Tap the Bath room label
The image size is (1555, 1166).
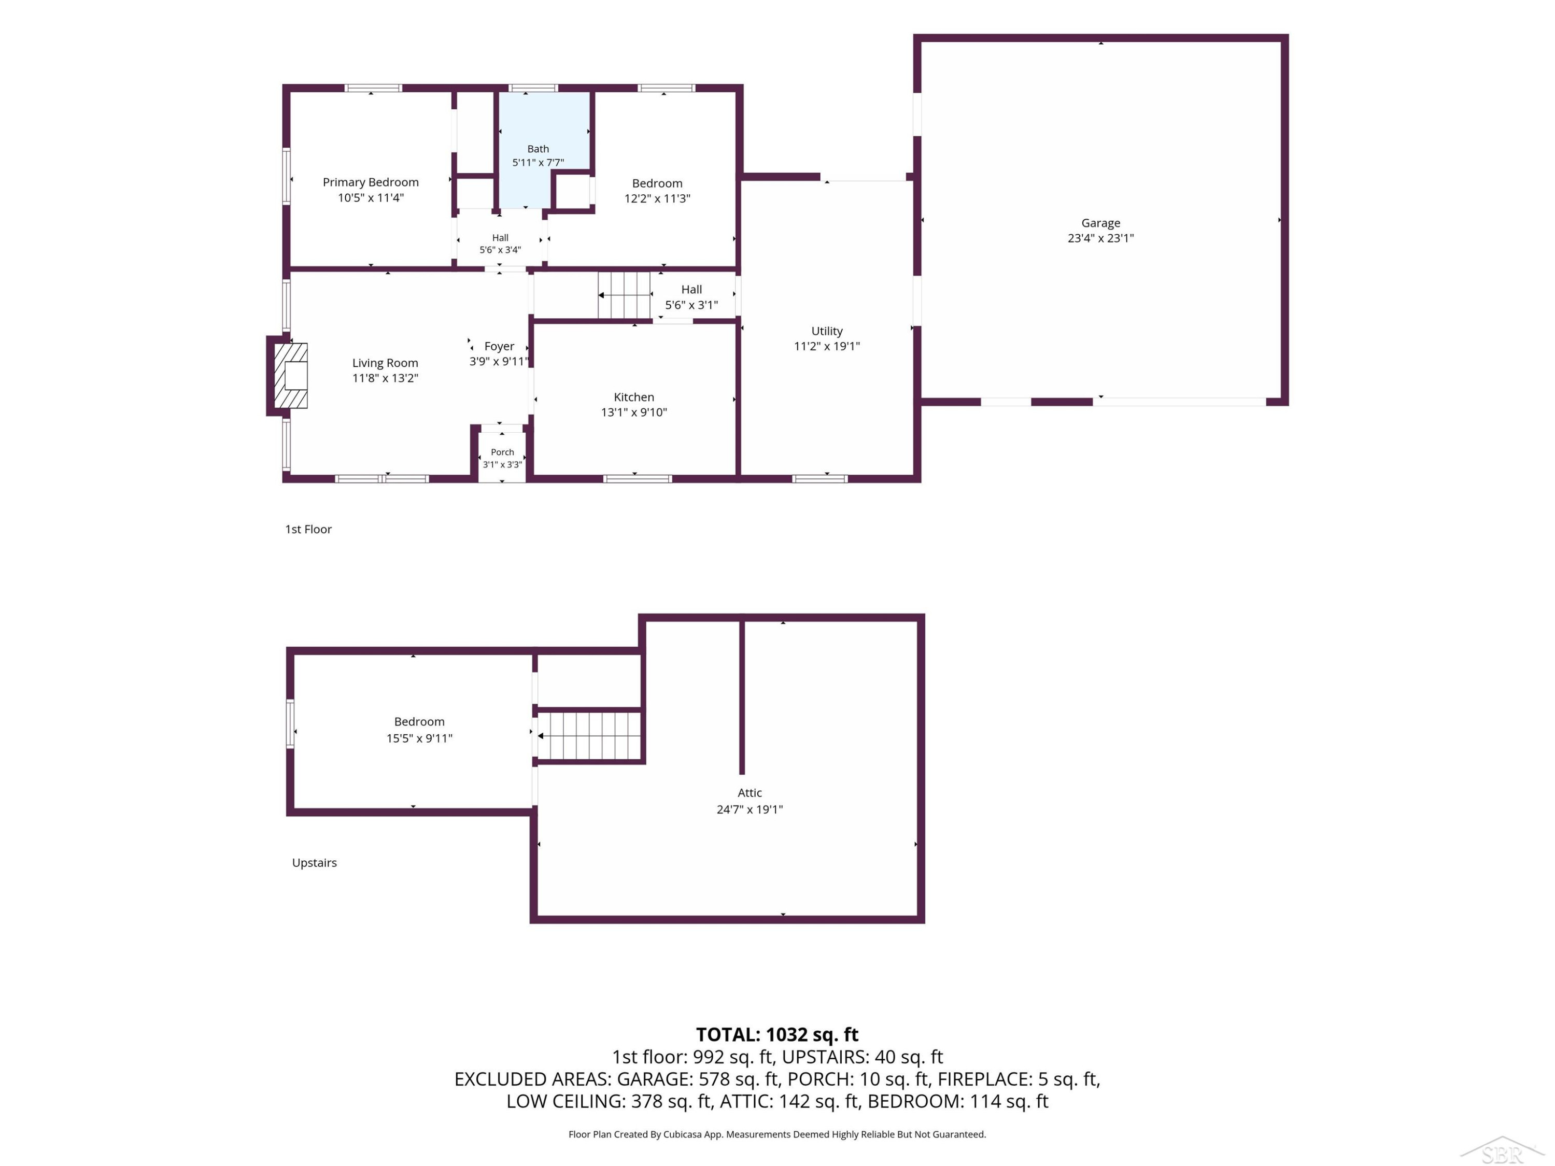538,149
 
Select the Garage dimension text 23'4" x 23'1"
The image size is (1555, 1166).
1100,238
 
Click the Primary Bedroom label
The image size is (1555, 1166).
371,182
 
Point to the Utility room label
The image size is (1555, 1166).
827,331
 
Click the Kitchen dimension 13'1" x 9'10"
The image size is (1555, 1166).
633,413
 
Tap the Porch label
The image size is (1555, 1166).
502,452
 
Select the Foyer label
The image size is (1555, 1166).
499,347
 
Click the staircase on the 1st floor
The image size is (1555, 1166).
624,295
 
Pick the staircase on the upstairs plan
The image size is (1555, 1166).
589,736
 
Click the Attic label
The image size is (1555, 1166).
750,793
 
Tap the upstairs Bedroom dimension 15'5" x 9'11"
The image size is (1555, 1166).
419,738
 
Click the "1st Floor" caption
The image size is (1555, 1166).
308,529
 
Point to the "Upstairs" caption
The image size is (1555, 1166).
314,863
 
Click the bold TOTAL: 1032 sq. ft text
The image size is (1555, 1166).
777,1034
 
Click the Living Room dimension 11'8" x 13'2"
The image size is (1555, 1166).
385,378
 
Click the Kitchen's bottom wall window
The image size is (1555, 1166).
638,479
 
